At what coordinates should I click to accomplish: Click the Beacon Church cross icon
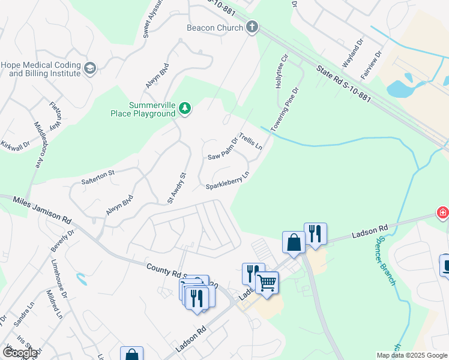[252, 27]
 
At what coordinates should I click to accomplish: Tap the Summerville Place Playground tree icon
[185, 109]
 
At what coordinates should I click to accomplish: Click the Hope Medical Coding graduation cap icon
[91, 68]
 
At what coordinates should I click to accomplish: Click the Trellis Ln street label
[252, 142]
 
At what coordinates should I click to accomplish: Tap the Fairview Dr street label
[371, 66]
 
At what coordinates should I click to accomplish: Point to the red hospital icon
[442, 212]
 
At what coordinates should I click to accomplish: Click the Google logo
[19, 353]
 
